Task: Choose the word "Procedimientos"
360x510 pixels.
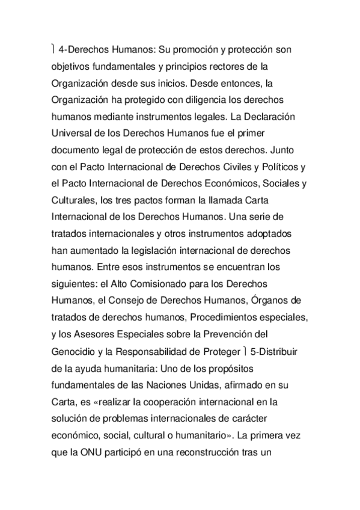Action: coord(206,316)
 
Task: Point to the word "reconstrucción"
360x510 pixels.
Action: coord(209,447)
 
